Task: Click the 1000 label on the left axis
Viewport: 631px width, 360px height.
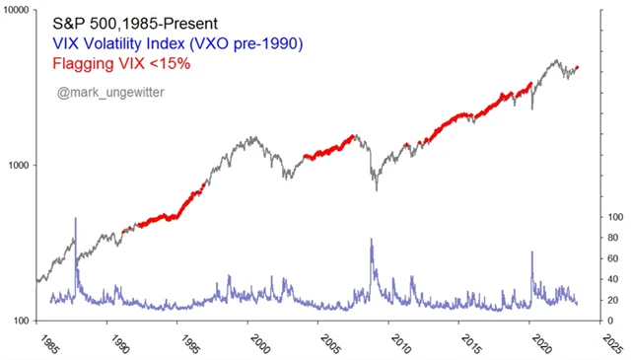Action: tap(18, 166)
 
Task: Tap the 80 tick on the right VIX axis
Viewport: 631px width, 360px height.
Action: tap(614, 237)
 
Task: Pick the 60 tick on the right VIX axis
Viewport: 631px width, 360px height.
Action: tap(614, 258)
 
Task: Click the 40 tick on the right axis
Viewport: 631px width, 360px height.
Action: tap(614, 279)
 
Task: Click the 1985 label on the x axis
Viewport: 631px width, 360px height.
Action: tap(49, 344)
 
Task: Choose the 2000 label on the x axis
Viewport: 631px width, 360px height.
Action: tap(259, 344)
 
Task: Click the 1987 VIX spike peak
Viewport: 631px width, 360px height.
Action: tap(75, 219)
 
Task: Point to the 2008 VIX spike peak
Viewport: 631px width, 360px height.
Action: tap(371, 239)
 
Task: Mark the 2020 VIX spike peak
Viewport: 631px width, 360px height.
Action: tap(532, 252)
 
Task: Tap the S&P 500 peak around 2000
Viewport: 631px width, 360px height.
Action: tap(254, 137)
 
